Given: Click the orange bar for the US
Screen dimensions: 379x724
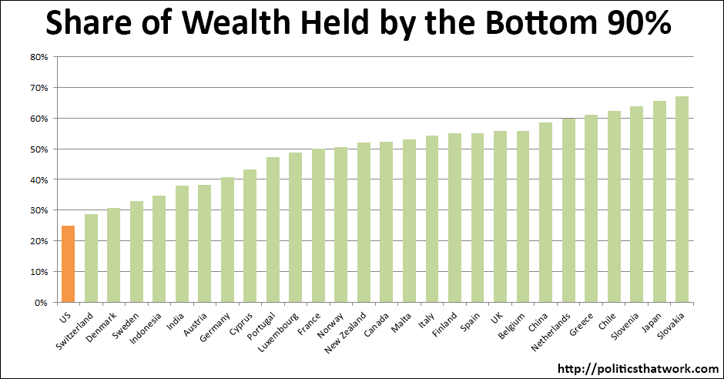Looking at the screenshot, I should click(x=68, y=263).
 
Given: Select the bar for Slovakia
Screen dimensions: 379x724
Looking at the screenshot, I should click(x=682, y=200).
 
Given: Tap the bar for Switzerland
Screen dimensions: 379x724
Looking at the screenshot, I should click(x=91, y=258).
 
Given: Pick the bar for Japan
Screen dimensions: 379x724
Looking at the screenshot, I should click(x=659, y=202).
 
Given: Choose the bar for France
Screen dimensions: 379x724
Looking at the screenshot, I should click(x=318, y=226).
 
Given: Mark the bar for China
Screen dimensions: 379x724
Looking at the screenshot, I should click(x=545, y=213).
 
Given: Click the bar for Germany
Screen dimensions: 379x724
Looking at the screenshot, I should click(x=227, y=240).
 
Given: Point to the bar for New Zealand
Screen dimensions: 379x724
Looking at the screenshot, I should click(x=364, y=223).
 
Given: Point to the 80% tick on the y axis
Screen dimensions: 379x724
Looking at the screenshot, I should click(x=39, y=57).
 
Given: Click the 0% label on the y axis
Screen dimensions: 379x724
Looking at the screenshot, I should click(x=42, y=303).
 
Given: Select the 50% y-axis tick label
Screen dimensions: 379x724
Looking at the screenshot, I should click(x=39, y=149).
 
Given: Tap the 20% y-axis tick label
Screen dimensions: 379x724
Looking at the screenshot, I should click(x=39, y=241).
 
